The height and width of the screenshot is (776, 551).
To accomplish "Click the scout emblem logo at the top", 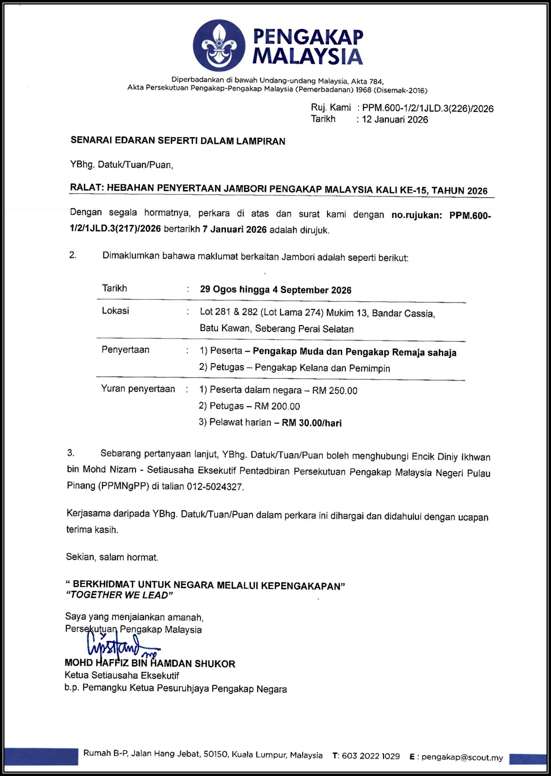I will tap(219, 45).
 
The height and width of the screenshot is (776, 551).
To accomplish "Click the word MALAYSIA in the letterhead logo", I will tap(308, 57).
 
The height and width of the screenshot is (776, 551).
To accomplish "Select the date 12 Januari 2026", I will tap(395, 120).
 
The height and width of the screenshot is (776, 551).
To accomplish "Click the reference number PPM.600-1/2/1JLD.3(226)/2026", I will tap(427, 109).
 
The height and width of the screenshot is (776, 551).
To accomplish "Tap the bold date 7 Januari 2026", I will tap(234, 230).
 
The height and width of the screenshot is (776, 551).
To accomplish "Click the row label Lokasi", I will tap(115, 311).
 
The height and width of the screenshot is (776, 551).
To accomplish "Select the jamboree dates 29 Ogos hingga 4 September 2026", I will tap(275, 290).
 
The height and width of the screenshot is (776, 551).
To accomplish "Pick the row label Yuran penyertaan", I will tap(138, 389).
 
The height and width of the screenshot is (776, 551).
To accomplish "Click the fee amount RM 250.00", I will tap(335, 391).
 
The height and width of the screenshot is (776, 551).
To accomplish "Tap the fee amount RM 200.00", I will tap(277, 406).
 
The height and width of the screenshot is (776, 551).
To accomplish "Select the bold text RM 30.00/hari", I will tap(311, 423).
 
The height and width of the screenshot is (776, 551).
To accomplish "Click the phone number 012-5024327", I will tap(215, 487).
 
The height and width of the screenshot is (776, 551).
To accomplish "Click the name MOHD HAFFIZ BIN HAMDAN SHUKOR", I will tap(150, 664).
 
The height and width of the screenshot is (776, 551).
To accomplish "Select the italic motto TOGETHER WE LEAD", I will tap(119, 595).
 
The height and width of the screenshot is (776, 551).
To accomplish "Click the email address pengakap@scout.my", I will tap(462, 758).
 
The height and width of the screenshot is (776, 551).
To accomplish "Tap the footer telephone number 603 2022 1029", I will tap(371, 756).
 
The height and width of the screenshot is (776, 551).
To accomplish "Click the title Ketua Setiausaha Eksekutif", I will tap(122, 676).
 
